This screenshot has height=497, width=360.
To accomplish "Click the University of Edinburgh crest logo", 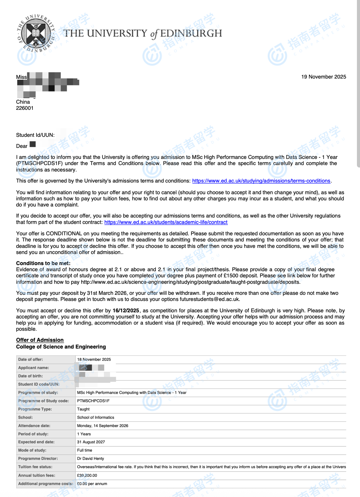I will click(x=36, y=33).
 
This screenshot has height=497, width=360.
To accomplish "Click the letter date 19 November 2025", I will click(x=324, y=77).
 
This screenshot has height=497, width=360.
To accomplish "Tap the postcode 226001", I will click(x=25, y=108).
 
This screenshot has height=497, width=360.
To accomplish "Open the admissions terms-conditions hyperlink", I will click(x=261, y=181).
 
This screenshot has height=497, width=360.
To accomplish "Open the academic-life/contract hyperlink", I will click(x=166, y=222).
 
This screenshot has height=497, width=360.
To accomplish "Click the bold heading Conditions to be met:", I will click(x=43, y=263).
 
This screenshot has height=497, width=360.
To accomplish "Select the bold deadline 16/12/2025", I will click(x=126, y=310).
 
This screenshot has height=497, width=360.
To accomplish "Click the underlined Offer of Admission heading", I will click(x=40, y=340).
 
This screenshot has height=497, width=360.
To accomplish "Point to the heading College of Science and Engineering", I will click(x=61, y=347).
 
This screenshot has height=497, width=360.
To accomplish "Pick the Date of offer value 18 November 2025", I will click(x=94, y=360).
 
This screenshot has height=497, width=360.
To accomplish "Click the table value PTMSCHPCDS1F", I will click(x=93, y=401).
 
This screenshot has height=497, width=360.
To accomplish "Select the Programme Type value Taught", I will click(x=83, y=409).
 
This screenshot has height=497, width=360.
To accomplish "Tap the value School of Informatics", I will click(x=96, y=418).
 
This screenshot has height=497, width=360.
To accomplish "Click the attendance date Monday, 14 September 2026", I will click(x=103, y=426).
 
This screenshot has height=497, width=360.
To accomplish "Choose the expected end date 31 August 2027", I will click(x=91, y=442).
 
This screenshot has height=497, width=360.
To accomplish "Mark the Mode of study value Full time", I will click(x=85, y=450).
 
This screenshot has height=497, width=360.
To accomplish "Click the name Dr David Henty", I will click(x=90, y=459).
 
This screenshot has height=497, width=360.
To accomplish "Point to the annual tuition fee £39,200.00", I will click(x=87, y=476).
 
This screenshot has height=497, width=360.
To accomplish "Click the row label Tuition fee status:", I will click(x=35, y=467).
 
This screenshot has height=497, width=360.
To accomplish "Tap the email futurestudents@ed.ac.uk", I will click(x=209, y=299).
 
